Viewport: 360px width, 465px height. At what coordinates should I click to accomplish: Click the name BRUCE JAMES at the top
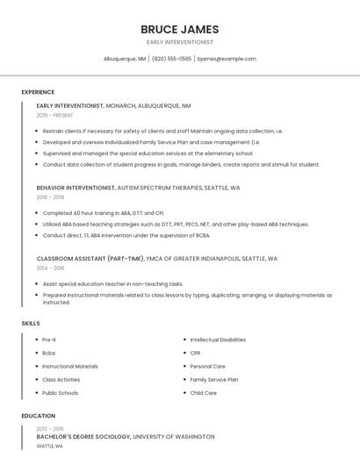coord(180,29)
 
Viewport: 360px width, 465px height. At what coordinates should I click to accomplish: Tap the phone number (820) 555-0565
coord(171,59)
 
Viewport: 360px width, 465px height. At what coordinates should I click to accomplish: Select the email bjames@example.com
coord(227,59)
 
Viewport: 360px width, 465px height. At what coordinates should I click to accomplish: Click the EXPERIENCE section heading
coord(38,92)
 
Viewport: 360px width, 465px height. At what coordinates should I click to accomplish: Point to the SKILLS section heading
coord(31,324)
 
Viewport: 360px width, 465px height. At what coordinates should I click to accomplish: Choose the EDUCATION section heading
coord(39,416)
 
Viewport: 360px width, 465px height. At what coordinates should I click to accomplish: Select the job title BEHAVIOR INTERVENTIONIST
coord(76,188)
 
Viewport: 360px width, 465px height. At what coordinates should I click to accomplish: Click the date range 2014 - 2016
coord(50,268)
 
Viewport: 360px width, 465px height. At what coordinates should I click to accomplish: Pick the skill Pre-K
coord(50,340)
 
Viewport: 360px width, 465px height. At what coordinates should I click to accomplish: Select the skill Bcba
coord(49,353)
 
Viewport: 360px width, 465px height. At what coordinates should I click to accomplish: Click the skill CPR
coord(196,353)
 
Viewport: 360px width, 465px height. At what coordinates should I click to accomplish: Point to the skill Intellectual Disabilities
coord(218,340)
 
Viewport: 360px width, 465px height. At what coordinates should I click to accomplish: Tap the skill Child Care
coord(204,393)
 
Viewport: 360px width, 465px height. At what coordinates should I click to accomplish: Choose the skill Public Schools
coord(61,393)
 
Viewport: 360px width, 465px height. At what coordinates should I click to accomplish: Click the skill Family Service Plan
coord(214,380)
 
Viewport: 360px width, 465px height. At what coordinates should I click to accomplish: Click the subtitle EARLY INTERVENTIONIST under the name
coord(180,42)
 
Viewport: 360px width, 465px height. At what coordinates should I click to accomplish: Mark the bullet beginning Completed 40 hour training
coord(91,213)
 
